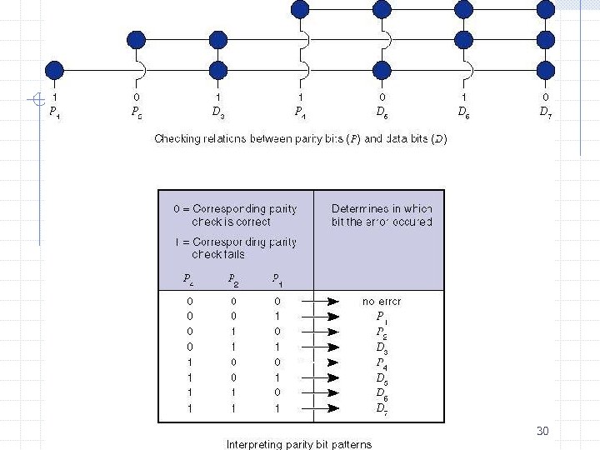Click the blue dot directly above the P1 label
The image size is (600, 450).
[55, 69]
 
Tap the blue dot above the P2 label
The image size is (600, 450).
[137, 39]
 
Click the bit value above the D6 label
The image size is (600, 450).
[463, 97]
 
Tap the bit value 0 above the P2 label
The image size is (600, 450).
[137, 97]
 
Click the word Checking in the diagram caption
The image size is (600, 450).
[177, 139]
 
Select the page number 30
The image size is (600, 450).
[542, 431]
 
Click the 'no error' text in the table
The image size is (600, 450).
[382, 301]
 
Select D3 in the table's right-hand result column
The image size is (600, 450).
[382, 347]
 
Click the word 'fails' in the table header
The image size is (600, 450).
[230, 255]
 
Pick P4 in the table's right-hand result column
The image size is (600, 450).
[382, 362]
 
